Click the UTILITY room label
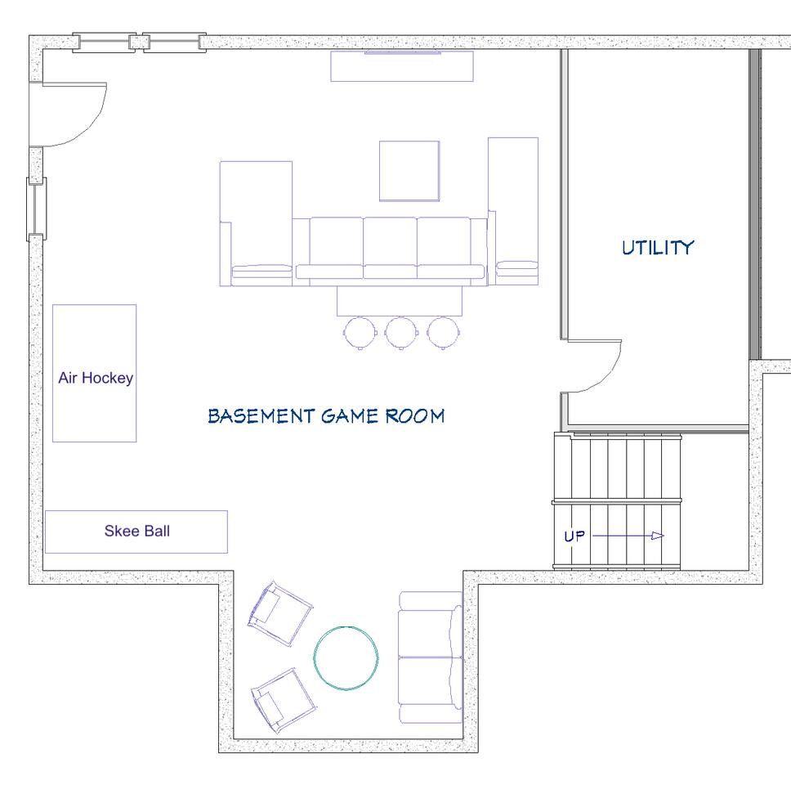pos(658,248)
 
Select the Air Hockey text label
pos(96,378)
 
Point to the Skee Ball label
pos(137,531)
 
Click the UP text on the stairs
pos(574,536)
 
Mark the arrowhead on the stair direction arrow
pos(657,536)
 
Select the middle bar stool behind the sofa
pos(401,333)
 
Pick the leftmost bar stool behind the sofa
pos(360,333)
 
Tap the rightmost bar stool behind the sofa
pos(444,333)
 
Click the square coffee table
pos(409,171)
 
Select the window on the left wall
pos(36,209)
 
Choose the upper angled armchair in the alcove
pos(280,613)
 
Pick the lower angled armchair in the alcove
pos(283,701)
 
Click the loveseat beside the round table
pos(431,657)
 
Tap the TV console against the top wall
pos(402,66)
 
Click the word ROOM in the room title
pos(415,416)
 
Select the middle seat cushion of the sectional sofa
pos(390,248)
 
